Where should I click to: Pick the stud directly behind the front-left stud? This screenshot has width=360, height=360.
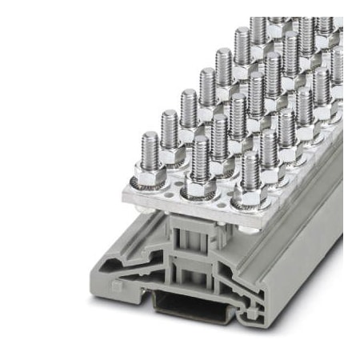[168, 128]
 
